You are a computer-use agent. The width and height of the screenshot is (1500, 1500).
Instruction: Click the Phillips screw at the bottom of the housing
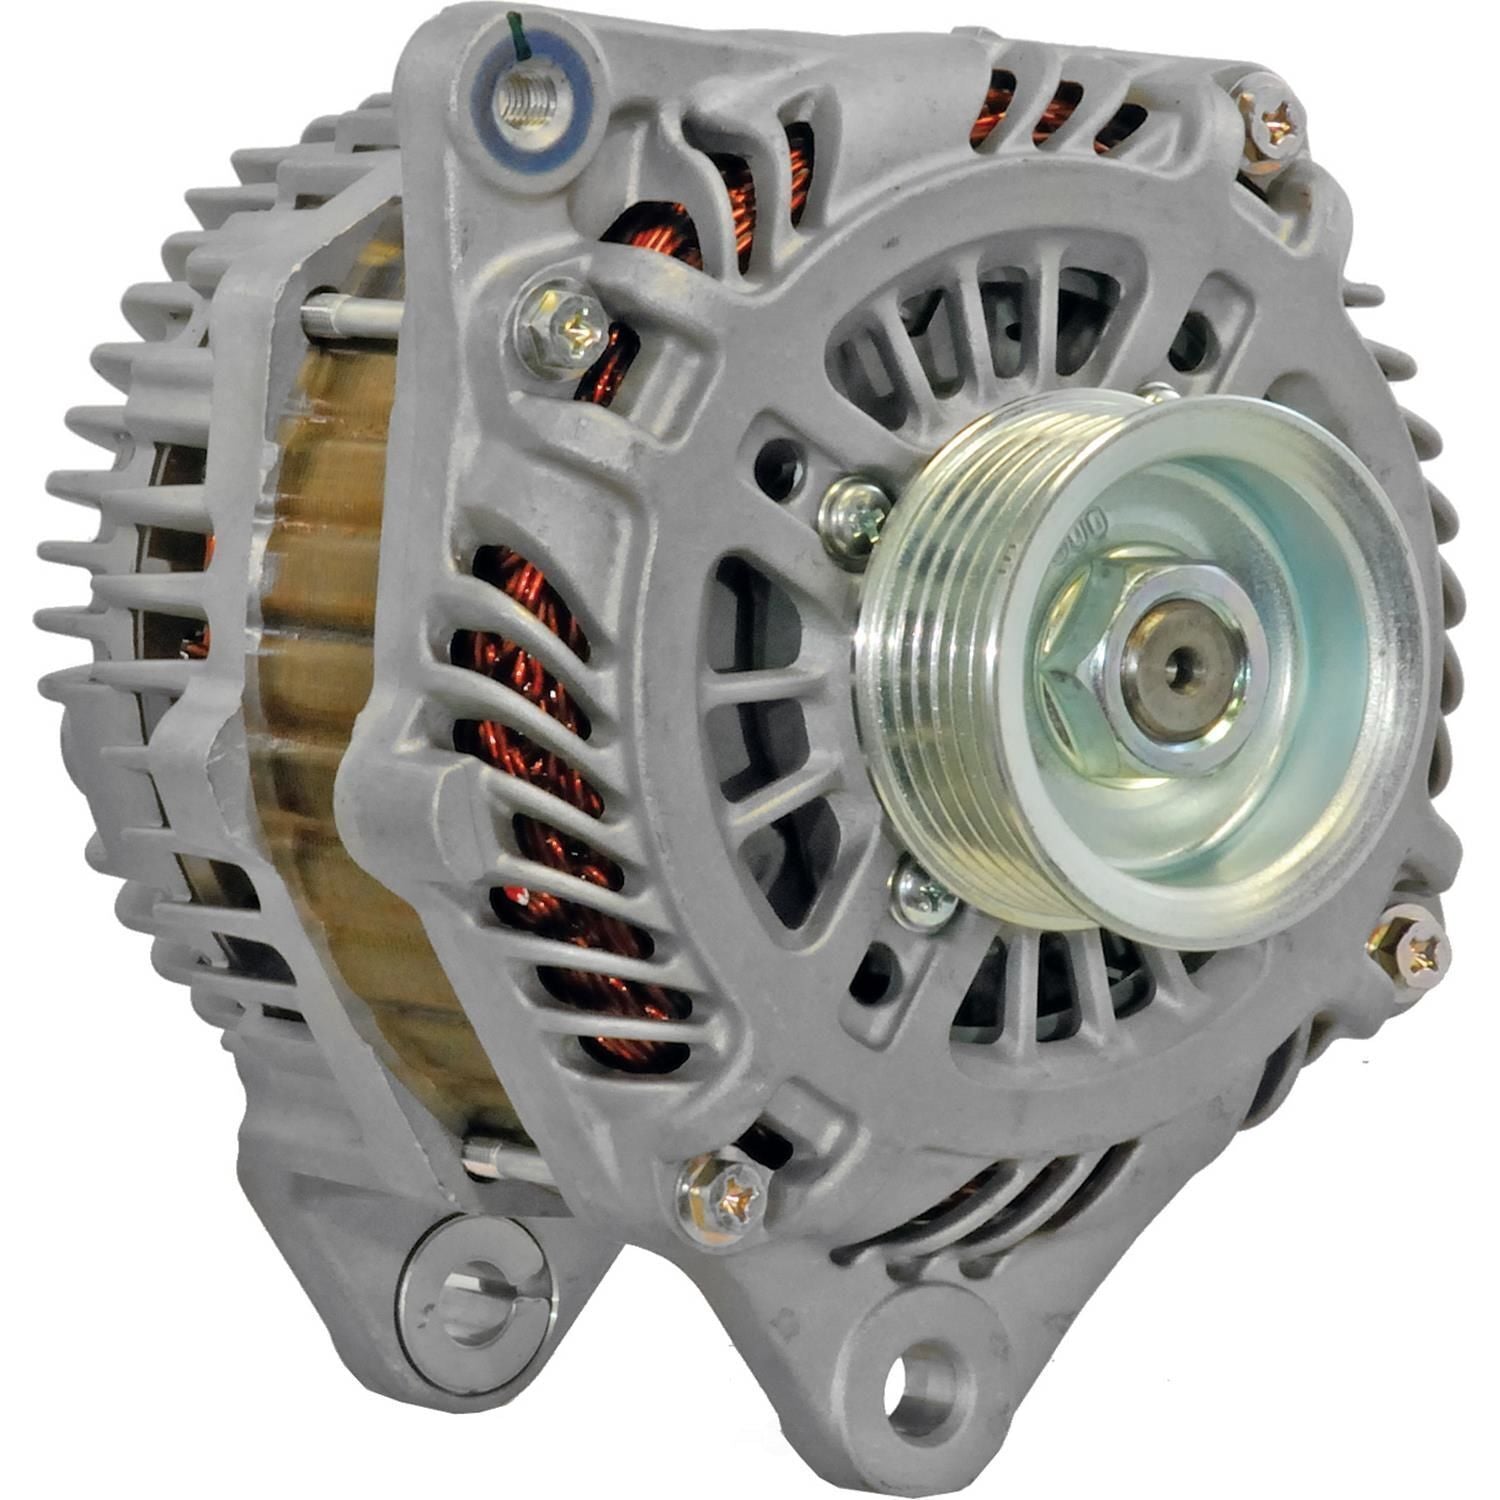[727, 1193]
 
